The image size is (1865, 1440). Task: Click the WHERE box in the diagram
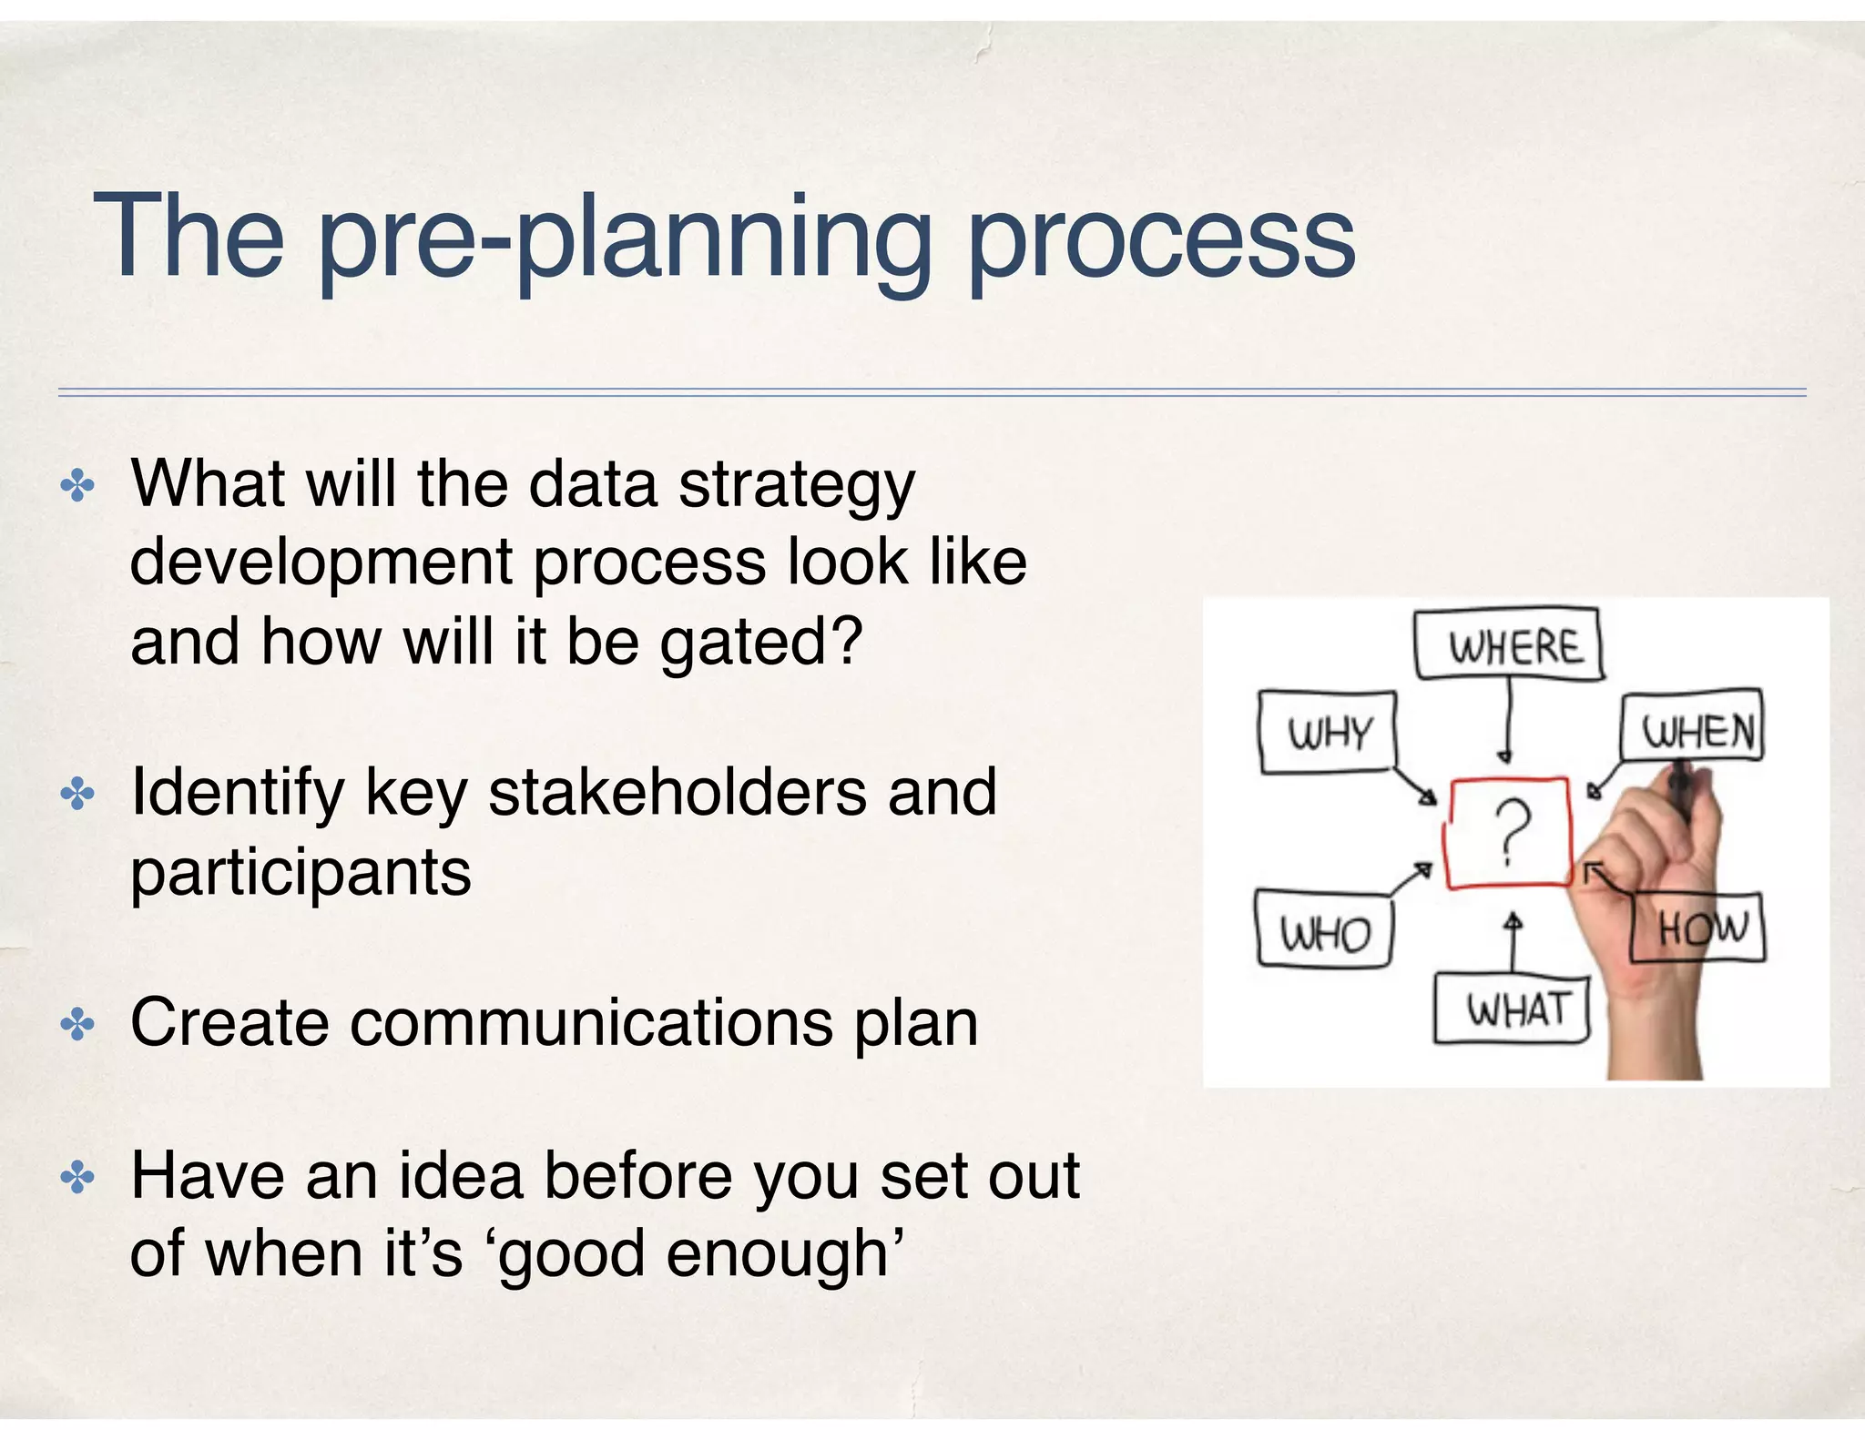1510,645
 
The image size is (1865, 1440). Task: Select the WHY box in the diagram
1328,732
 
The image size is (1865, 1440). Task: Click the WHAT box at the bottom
1513,1009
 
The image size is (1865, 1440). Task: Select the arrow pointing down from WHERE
1507,723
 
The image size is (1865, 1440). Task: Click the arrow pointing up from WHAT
1513,942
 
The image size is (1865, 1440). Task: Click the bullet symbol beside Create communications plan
77,1026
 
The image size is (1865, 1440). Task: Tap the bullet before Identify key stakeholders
77,796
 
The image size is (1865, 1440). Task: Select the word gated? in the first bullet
760,643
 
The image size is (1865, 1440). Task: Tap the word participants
301,872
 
